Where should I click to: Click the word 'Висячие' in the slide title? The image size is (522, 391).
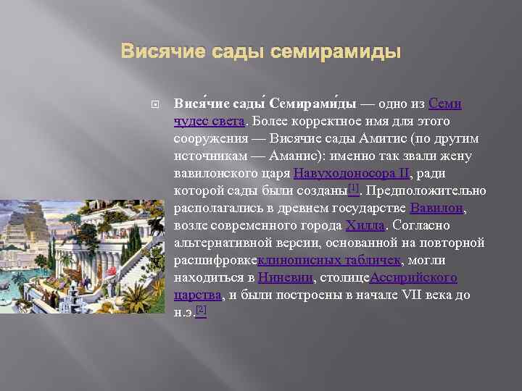click(x=157, y=52)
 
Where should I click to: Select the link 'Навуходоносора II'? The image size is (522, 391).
click(x=352, y=173)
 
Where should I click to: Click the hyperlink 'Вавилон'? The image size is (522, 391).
click(x=436, y=208)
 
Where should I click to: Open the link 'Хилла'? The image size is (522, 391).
click(x=366, y=225)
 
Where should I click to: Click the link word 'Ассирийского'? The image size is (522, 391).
click(x=414, y=277)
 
